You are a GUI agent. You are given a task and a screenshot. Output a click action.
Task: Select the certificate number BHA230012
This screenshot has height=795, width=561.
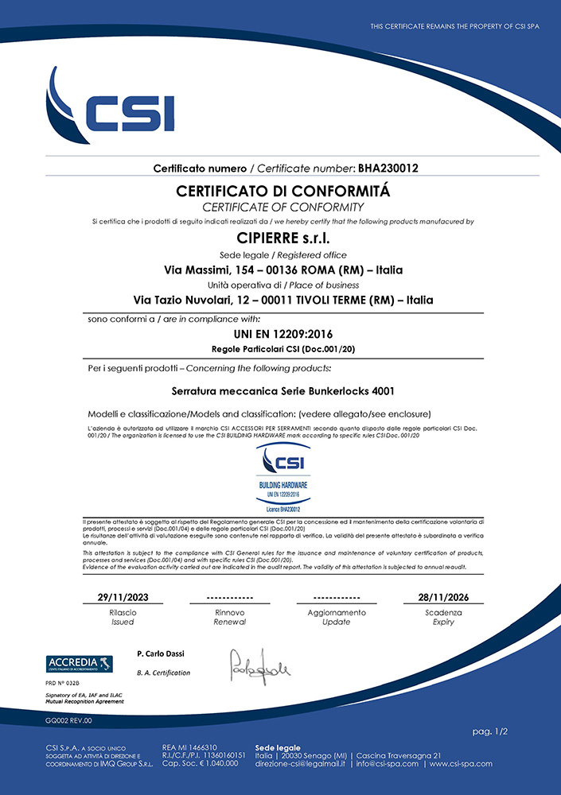[388, 168]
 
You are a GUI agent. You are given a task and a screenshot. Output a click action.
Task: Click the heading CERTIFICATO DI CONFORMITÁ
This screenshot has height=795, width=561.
[283, 192]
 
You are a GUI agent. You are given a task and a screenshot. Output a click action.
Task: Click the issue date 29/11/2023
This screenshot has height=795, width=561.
[123, 597]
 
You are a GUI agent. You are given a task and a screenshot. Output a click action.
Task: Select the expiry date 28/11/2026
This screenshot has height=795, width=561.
[443, 597]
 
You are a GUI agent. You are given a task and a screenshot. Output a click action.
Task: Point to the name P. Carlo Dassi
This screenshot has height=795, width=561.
[160, 653]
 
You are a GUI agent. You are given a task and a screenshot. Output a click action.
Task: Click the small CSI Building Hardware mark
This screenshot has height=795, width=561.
[283, 477]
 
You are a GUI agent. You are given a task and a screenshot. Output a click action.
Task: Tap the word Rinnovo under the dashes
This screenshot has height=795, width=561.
[229, 613]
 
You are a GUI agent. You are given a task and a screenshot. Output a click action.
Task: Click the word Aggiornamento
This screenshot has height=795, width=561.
[337, 613]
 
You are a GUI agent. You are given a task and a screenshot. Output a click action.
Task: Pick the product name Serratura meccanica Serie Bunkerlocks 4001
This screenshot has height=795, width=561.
[283, 391]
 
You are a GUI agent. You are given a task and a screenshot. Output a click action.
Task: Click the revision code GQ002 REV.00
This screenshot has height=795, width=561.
[68, 720]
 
